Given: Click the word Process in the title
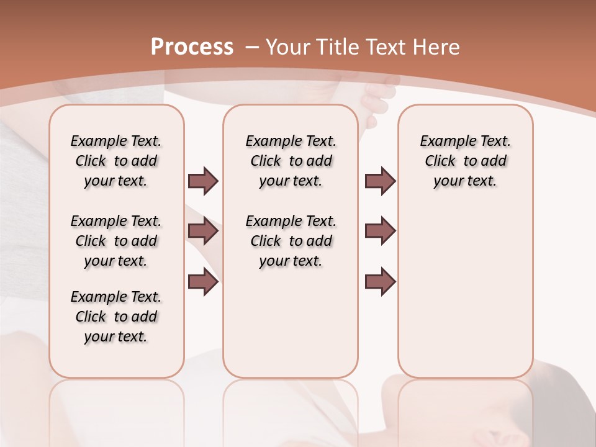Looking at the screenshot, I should coord(192,47).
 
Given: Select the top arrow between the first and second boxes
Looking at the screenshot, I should coord(203,181).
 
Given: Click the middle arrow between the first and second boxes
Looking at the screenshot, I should coord(203,232).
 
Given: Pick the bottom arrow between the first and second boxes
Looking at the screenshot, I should coord(203,282).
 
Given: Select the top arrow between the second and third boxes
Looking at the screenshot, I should coord(380,181).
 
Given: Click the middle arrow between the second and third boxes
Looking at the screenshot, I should coord(380,232).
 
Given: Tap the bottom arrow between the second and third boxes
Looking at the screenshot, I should coord(380,282).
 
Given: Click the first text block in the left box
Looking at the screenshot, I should coord(116,161).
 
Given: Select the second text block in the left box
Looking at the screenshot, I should coord(116,241).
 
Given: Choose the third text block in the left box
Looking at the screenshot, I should coord(116,317).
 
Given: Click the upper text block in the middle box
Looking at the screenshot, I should coord(291,161).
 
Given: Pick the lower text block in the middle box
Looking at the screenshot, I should coord(291,241).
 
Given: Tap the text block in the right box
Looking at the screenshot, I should coord(465,161).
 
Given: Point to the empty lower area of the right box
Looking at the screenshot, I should coord(465,286).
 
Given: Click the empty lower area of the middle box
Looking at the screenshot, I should coord(291,323).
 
